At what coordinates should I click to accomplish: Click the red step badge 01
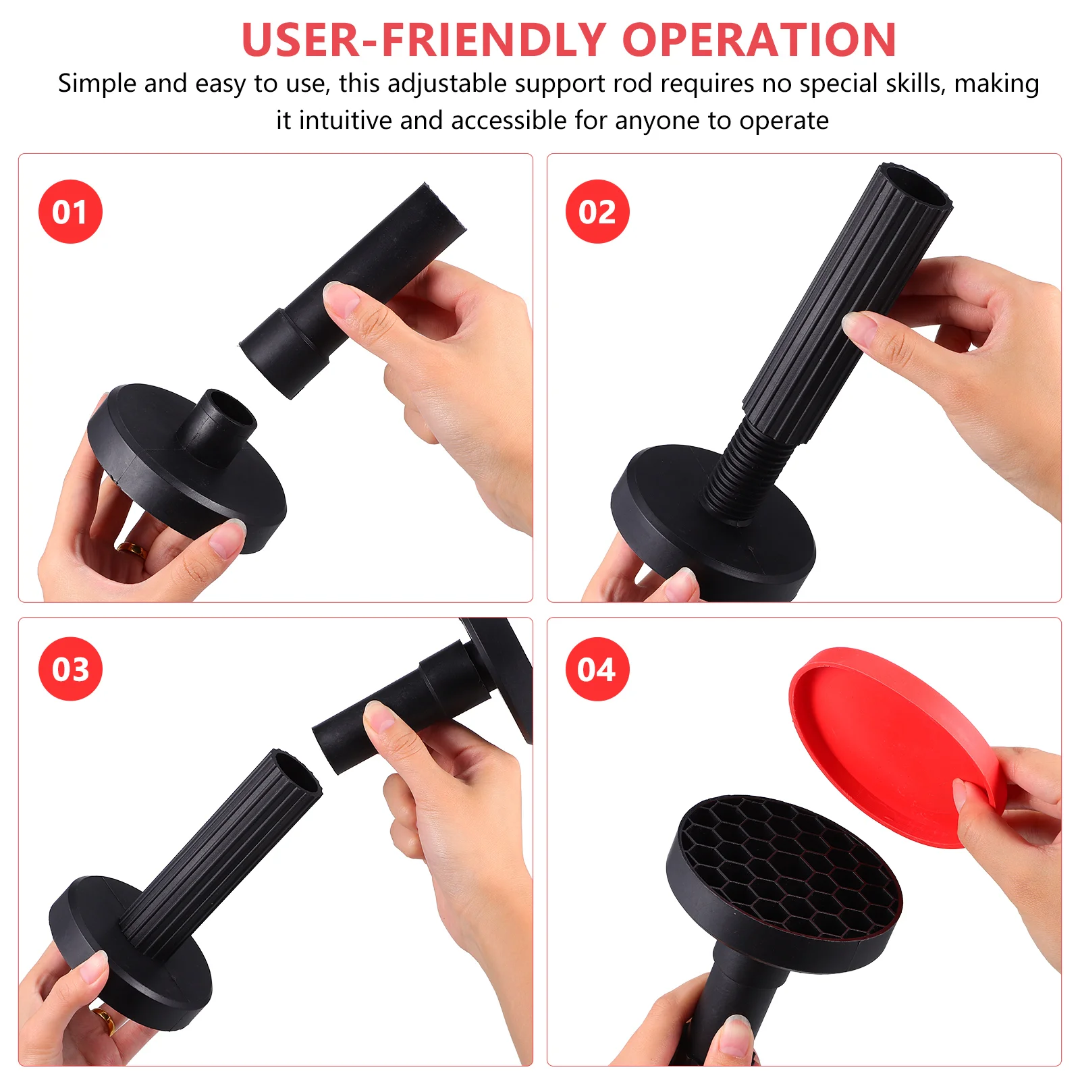(x=70, y=211)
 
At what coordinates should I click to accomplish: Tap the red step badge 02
(x=597, y=211)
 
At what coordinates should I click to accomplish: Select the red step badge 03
(x=70, y=669)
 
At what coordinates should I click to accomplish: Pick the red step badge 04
(x=597, y=669)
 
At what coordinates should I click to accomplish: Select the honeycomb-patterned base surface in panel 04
(x=790, y=864)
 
